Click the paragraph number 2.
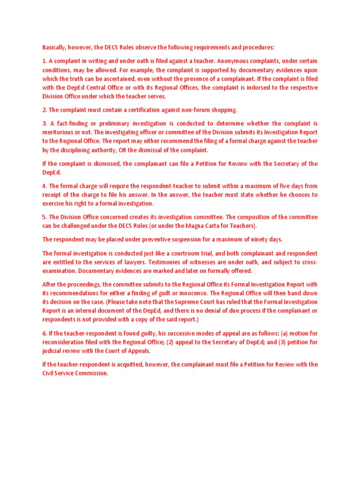point(44,110)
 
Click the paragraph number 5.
point(44,217)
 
